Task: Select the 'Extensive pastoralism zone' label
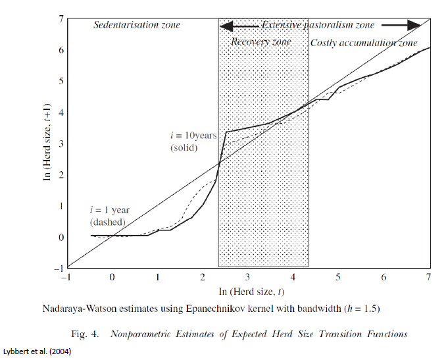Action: [318, 25]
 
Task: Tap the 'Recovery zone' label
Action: [260, 41]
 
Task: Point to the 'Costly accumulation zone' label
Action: [363, 43]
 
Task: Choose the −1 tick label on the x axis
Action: [66, 278]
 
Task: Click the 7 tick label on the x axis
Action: [429, 278]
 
